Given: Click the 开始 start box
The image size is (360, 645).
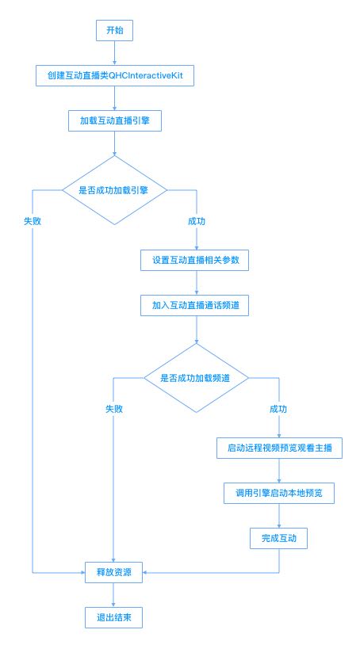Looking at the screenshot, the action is [x=114, y=31].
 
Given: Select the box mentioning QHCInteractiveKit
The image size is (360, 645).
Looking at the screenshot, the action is [x=115, y=76].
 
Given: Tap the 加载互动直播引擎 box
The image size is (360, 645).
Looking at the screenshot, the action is [x=115, y=121].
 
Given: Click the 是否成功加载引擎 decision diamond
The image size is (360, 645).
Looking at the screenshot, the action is [x=114, y=190].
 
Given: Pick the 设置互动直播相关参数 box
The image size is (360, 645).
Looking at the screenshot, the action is [x=194, y=261].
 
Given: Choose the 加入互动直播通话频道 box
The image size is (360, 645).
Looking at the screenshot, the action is [x=194, y=306].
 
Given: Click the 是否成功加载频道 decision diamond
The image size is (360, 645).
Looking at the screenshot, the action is [x=196, y=378].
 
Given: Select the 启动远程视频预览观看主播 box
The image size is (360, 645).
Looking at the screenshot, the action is [x=279, y=448].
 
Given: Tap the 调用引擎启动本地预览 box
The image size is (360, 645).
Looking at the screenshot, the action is [x=279, y=493].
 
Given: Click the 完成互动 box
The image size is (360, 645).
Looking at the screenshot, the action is [x=278, y=539].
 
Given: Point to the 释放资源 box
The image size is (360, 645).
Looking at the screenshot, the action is [x=113, y=572].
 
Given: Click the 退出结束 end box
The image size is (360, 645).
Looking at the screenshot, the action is [x=113, y=617].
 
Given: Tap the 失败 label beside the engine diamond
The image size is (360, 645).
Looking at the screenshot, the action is [x=33, y=221].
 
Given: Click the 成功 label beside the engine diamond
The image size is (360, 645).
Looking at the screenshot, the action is [x=196, y=221].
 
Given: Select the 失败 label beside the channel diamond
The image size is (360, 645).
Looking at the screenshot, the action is [x=114, y=409].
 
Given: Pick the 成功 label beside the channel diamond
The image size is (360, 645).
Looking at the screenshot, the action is [x=278, y=409].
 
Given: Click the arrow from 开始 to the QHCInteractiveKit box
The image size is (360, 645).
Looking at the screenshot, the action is [x=114, y=53].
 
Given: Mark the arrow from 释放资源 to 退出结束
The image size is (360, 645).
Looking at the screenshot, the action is [x=113, y=595].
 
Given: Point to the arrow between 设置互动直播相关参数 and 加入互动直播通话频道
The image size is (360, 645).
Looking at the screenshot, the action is [x=196, y=283].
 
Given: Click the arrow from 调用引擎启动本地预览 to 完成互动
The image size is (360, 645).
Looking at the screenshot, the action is [x=279, y=516].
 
